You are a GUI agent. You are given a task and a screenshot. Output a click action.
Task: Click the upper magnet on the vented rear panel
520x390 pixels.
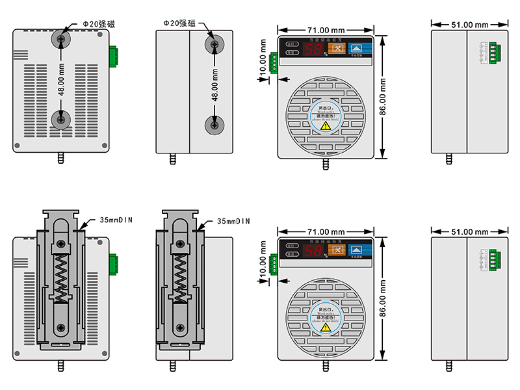point(60,39)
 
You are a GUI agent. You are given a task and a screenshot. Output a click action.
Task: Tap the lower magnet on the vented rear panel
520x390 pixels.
point(60,119)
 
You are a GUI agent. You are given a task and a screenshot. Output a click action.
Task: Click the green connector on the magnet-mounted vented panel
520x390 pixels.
point(114,57)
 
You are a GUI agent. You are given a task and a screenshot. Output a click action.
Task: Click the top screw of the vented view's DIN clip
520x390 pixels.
point(60,244)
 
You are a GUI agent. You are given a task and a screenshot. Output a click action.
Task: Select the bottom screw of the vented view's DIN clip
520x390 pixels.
point(60,328)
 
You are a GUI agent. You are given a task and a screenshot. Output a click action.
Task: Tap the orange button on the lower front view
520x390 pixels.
point(336,250)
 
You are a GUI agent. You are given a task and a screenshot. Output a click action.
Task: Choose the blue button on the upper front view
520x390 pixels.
point(357,47)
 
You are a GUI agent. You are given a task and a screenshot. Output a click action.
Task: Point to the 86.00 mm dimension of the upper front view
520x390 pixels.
point(383,97)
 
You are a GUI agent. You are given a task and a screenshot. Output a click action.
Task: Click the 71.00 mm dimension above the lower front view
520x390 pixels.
point(326,231)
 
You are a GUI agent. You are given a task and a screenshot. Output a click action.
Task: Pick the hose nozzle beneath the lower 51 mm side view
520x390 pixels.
point(448,365)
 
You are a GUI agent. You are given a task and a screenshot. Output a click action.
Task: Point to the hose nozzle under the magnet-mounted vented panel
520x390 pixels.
point(61,159)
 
